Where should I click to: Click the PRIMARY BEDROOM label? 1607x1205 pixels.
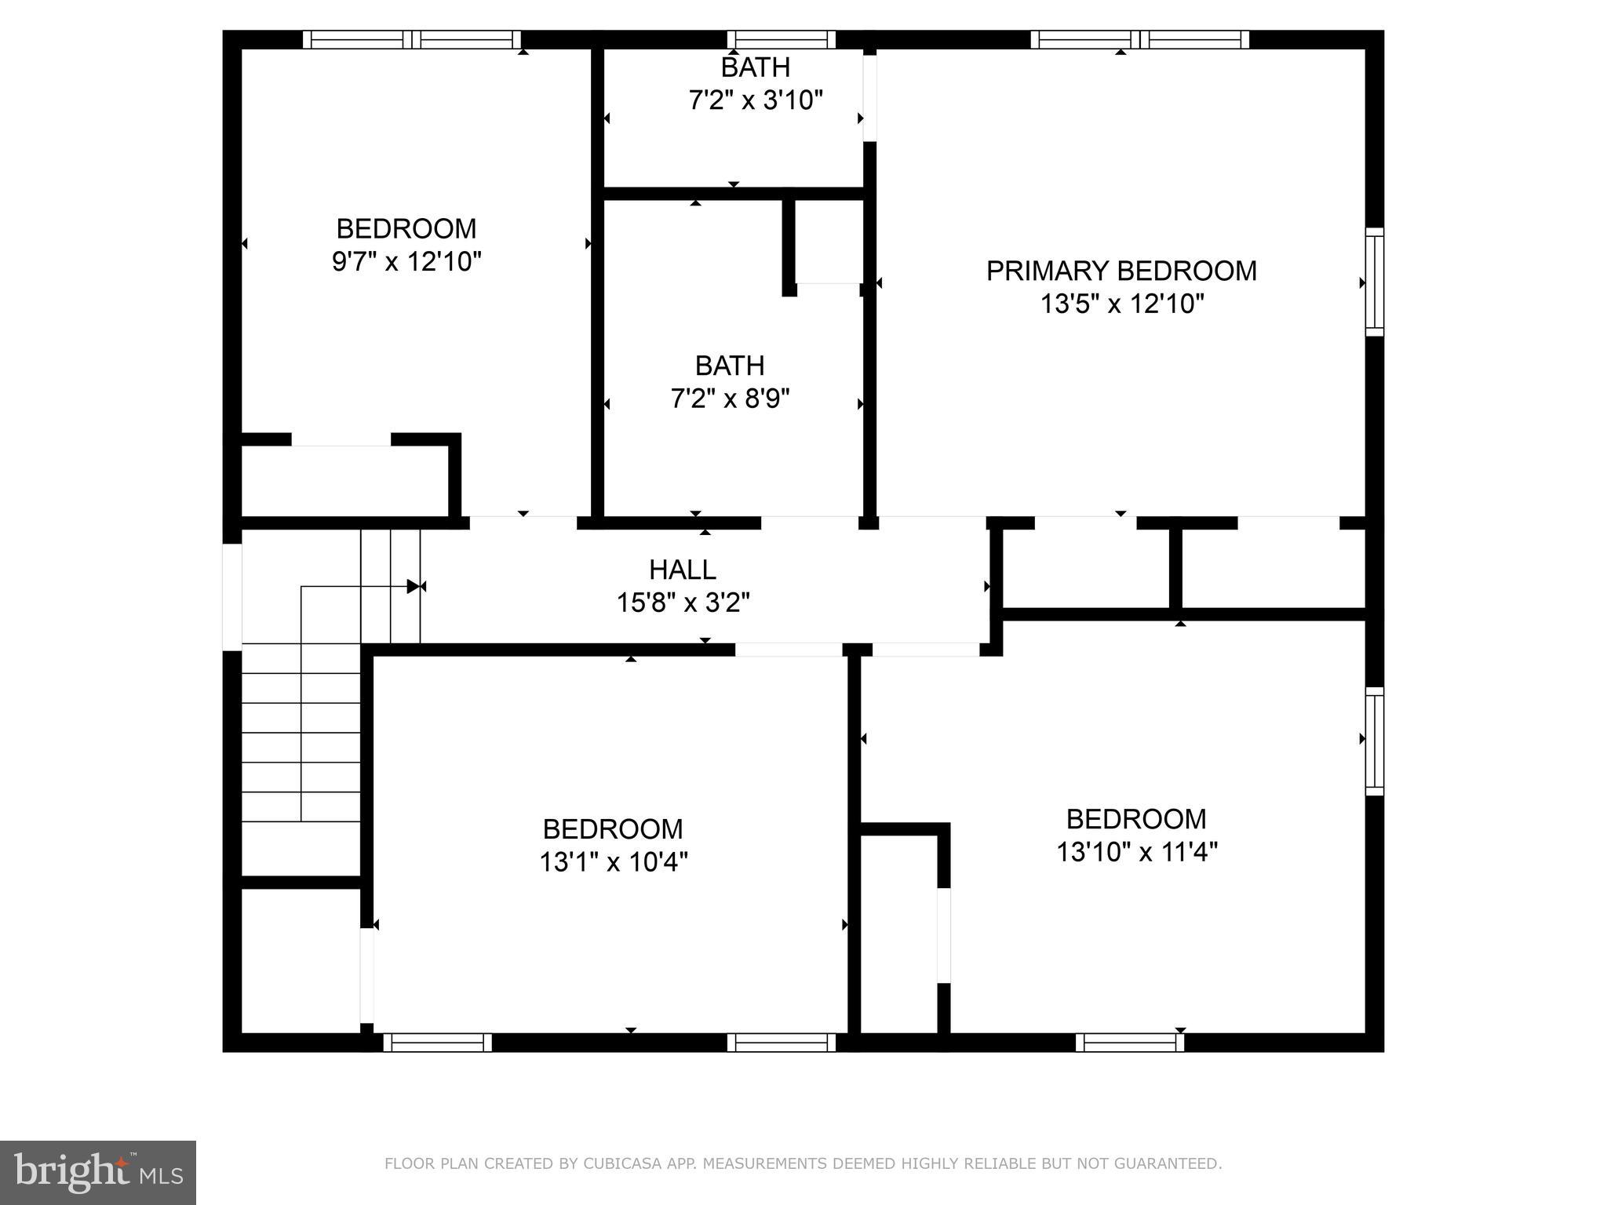1121,271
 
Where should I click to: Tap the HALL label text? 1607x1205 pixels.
682,569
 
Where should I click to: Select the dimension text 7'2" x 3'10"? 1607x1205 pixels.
755,100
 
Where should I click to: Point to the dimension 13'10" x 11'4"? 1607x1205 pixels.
1135,852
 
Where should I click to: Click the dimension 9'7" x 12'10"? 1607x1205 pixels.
406,261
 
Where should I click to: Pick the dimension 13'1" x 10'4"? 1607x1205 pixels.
613,862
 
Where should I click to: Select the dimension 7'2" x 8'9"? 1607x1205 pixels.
729,399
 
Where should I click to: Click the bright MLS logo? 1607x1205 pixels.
97,1172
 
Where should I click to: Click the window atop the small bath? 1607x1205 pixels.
781,39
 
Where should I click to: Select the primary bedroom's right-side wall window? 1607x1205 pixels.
1374,282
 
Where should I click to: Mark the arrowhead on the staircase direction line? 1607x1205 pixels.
414,586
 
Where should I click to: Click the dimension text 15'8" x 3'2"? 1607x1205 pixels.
682,602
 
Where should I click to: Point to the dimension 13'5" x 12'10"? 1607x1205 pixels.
1121,304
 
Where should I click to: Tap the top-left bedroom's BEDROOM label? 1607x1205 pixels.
406,228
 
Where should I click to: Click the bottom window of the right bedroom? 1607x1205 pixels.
1129,1042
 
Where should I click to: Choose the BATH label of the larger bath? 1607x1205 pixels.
729,366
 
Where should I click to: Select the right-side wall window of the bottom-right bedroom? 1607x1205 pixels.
1374,741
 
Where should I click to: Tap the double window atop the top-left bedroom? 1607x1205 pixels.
412,39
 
